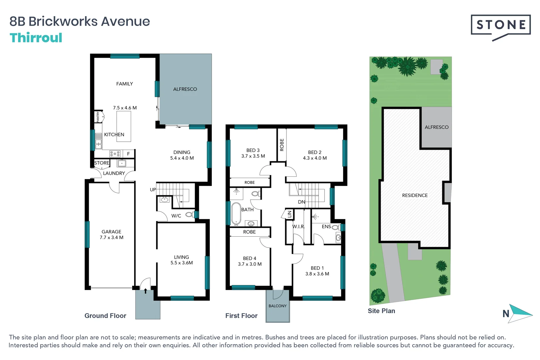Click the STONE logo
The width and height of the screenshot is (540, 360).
click(500, 25)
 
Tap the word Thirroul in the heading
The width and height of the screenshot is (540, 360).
click(36, 38)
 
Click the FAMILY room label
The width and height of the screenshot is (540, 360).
click(124, 84)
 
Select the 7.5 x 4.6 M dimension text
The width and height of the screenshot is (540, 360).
click(125, 108)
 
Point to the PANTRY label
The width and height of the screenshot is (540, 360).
click(98, 117)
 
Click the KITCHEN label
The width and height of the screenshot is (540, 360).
click(114, 134)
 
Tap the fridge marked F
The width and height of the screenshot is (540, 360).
click(128, 154)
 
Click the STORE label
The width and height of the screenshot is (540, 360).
click(102, 163)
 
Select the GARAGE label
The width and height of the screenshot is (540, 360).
click(111, 232)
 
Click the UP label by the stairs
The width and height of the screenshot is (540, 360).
click(153, 190)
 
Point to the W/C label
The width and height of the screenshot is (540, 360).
click(176, 216)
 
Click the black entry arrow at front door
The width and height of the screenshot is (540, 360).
click(145, 291)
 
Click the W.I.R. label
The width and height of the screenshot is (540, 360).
click(299, 227)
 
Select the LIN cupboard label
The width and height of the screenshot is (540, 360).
click(290, 214)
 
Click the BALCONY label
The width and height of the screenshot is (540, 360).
click(278, 306)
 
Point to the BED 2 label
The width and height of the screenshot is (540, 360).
click(315, 152)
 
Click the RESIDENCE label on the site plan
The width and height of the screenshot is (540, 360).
click(415, 195)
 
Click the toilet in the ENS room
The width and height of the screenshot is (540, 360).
click(336, 227)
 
